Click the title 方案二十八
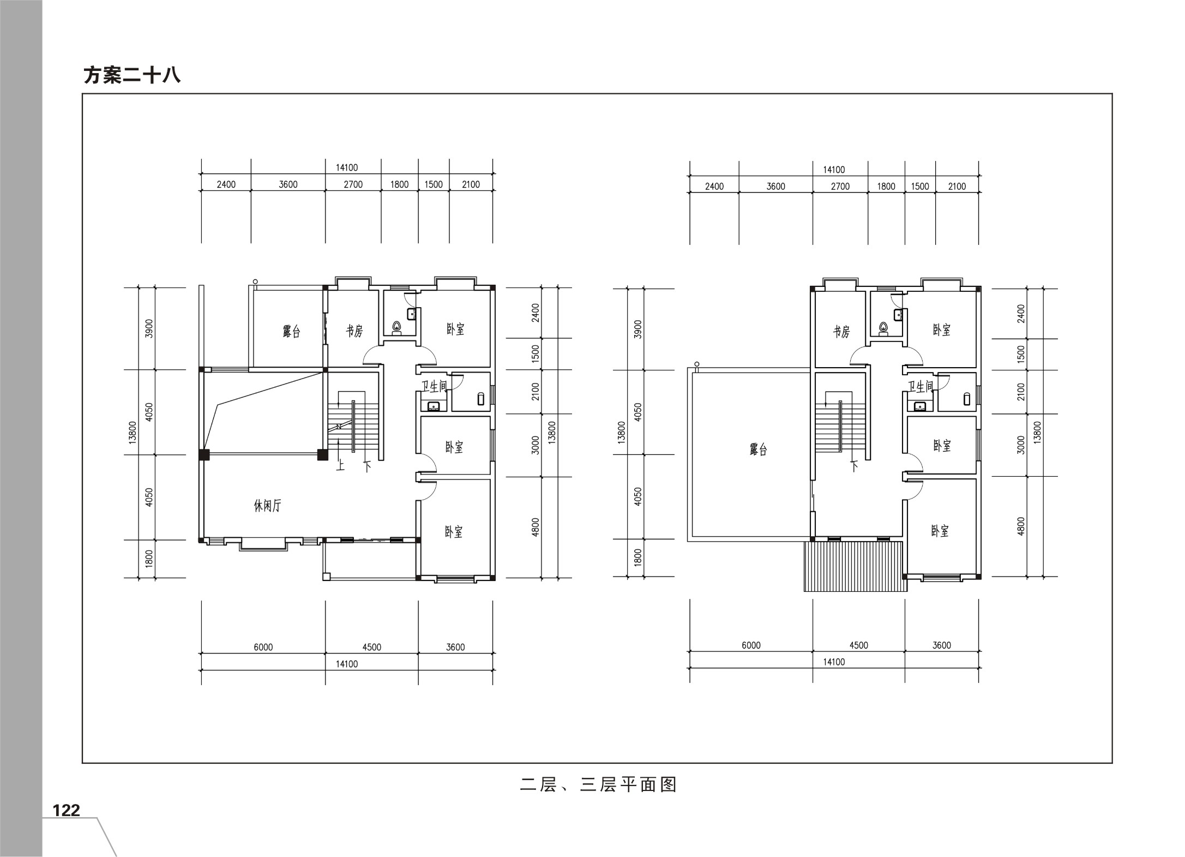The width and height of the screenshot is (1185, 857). (132, 75)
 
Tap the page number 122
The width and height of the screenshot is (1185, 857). (66, 810)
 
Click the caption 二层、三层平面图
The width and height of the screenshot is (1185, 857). (598, 784)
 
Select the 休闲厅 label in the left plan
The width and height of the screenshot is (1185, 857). (267, 506)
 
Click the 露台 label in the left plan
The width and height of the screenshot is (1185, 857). (291, 331)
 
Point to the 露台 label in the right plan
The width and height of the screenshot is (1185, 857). (758, 450)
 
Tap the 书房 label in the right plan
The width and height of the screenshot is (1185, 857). (841, 331)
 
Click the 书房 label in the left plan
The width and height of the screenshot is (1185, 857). (354, 331)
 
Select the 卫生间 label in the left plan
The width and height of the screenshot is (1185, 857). (434, 386)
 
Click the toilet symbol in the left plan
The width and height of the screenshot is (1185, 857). (397, 327)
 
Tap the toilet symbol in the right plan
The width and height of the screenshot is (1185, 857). (883, 328)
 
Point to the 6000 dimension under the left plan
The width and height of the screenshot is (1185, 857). (263, 647)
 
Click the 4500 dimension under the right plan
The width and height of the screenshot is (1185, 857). (858, 645)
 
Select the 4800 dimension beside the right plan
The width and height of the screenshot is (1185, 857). (1021, 526)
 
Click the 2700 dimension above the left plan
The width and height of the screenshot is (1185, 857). (353, 184)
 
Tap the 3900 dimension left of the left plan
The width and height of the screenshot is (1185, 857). (149, 328)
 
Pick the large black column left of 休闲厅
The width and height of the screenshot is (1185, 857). (204, 454)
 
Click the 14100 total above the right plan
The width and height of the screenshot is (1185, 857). (834, 170)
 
